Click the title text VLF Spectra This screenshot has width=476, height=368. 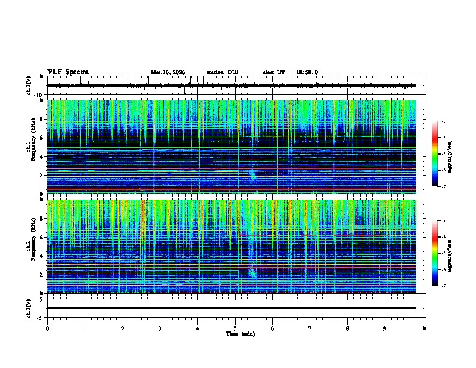[68, 72]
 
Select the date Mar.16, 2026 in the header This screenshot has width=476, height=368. [168, 72]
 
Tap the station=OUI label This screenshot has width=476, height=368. [222, 72]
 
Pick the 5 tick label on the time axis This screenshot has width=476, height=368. [235, 328]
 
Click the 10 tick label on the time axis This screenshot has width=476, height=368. [423, 328]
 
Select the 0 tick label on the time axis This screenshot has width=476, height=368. [47, 328]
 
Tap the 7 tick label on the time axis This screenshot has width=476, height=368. [310, 328]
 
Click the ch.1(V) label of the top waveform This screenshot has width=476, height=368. [29, 86]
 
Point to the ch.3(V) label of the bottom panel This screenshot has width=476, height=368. [29, 307]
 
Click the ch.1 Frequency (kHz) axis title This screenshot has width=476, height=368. [31, 147]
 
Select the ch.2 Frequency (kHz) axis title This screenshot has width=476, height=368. [31, 246]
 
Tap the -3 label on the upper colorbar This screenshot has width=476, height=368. [444, 121]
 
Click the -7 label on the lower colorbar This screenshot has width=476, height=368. [444, 286]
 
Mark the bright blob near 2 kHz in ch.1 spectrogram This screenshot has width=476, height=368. [252, 174]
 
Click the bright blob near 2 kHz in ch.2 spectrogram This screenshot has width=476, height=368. [252, 274]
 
